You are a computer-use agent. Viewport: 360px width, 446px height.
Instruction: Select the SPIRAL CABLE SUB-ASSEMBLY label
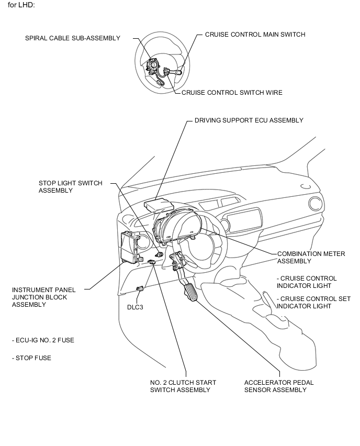coord(73,38)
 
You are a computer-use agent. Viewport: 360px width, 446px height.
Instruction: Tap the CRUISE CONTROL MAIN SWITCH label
coord(255,35)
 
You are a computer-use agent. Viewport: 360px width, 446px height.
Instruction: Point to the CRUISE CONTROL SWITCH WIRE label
coord(232,93)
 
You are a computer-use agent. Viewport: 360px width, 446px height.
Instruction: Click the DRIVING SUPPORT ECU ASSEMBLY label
coord(249,120)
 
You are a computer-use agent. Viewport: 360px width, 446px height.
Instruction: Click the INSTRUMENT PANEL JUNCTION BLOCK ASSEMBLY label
coord(43,297)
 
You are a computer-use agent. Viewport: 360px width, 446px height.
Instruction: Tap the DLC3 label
coord(135,307)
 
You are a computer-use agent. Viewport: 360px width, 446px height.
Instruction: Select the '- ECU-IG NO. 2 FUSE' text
coord(43,340)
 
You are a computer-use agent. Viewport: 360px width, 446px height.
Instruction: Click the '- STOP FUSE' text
coord(31,358)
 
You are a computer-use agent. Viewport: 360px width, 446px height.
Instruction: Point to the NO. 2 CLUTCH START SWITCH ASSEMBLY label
coord(183,386)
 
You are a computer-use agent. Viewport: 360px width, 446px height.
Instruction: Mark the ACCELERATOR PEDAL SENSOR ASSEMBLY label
coord(279,386)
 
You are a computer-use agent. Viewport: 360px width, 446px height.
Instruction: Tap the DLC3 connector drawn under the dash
coord(140,288)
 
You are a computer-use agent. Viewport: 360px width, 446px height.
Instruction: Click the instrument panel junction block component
coord(131,248)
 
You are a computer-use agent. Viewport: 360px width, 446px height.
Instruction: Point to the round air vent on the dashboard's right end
coord(316,205)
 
